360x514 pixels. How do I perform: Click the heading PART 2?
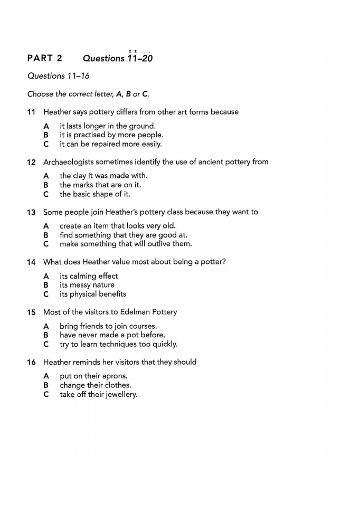pos(45,58)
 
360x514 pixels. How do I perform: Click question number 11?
pos(31,112)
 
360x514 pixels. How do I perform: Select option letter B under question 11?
pos(46,135)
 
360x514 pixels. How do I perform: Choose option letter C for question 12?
pos(46,194)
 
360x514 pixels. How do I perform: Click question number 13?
pos(31,212)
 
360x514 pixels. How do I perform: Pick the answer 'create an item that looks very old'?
pos(117,226)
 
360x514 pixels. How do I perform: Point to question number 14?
pos(31,262)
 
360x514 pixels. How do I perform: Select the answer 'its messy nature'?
pos(87,285)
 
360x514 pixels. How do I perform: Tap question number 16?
pos(31,362)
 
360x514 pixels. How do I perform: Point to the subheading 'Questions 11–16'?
pos(59,76)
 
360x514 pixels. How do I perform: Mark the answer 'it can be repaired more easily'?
pos(110,144)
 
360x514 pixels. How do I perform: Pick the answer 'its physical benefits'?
pos(92,294)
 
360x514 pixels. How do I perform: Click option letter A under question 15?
pos(46,326)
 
